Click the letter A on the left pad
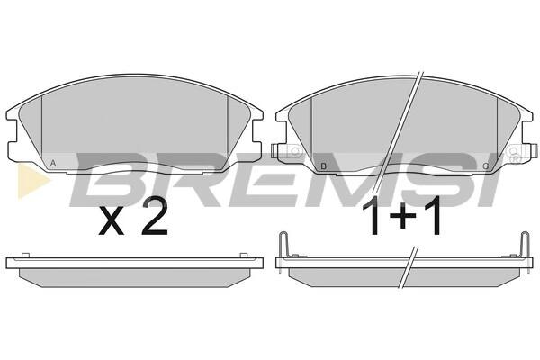pos(53,163)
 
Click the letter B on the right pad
pos(323,166)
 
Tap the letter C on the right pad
pos(486,166)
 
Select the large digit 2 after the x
pos(155,218)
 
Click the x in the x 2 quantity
pos(112,221)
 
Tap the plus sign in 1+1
pos(402,216)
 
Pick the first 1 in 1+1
pos(373,216)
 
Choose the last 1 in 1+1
pos(433,215)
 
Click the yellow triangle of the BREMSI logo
pos(31,182)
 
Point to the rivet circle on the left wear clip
pos(295,151)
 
